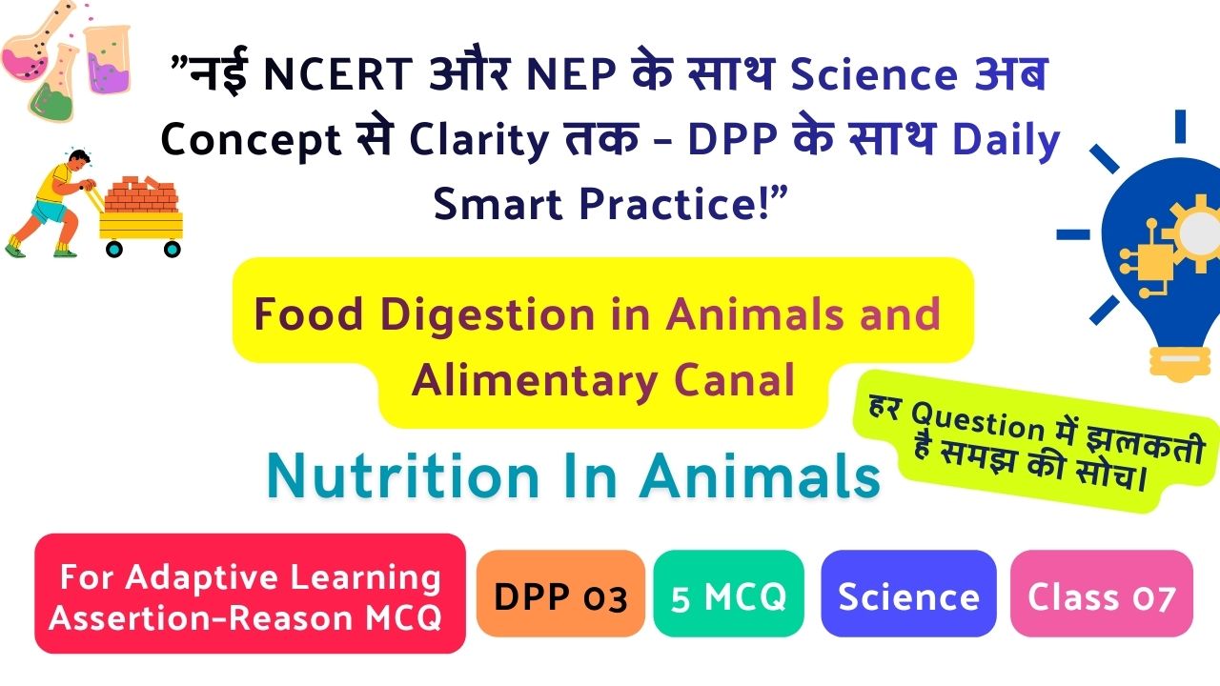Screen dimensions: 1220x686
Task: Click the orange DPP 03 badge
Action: [x=560, y=593]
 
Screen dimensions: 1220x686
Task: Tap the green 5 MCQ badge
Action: [x=729, y=593]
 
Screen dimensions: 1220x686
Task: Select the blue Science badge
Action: [x=908, y=593]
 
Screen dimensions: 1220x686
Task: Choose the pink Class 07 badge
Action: [x=1101, y=593]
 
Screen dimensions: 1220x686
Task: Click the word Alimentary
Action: [x=535, y=381]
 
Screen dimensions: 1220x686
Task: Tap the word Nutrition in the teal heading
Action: [x=403, y=476]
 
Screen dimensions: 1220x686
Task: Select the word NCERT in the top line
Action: [x=337, y=74]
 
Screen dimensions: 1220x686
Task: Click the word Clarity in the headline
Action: [x=478, y=140]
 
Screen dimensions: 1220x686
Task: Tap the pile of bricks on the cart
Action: [x=141, y=193]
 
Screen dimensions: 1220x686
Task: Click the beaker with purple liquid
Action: [x=108, y=59]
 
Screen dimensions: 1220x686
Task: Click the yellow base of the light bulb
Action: [x=1180, y=361]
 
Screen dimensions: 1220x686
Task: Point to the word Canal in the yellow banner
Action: [x=735, y=380]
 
